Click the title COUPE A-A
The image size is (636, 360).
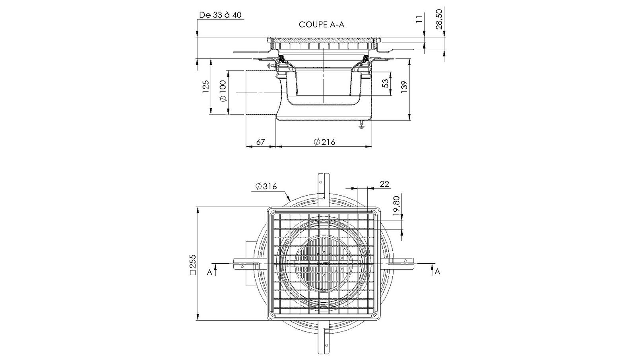322,25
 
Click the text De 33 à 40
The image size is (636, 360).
220,15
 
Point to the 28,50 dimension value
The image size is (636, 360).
439,19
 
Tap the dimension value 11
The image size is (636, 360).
419,19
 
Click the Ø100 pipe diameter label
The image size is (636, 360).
223,91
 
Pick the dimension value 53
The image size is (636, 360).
386,83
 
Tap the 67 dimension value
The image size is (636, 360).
260,142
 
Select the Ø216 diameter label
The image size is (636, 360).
324,142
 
